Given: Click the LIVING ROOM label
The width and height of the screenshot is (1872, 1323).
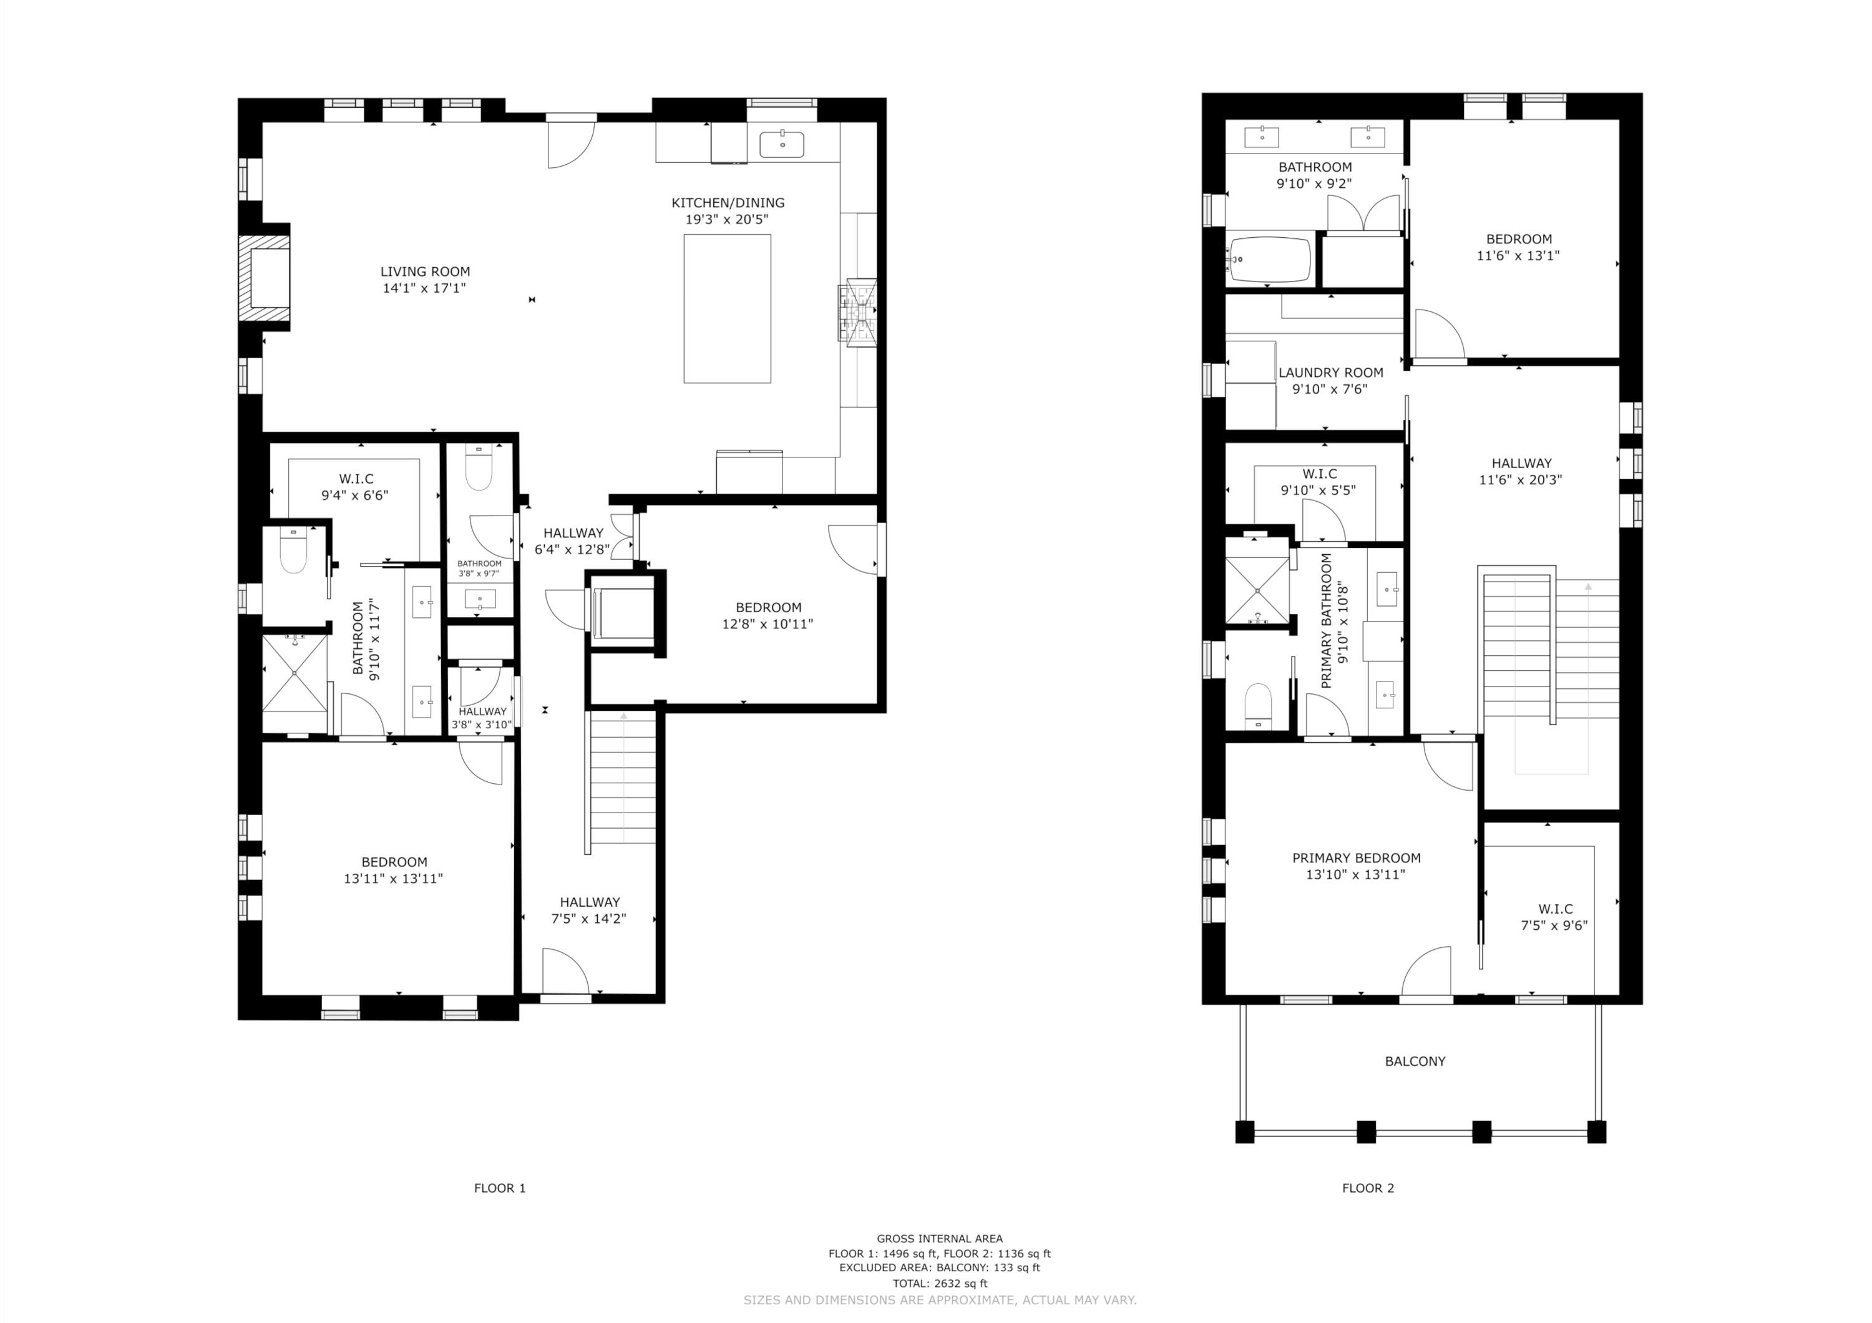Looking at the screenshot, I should pos(425,272).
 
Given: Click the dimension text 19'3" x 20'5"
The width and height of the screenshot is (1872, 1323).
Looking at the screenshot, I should pos(726,219).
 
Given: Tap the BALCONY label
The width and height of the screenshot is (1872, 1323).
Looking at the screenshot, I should pos(1415,1062).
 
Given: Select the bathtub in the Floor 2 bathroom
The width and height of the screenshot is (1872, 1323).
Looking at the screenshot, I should pos(1269,259).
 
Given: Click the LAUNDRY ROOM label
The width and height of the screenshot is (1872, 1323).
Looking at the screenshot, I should pos(1330,373).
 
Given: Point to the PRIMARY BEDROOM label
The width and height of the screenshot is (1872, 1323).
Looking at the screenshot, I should pos(1356,858).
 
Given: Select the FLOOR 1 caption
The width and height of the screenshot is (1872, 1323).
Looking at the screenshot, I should pos(500,1188).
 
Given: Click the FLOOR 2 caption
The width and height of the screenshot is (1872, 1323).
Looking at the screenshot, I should pos(1367,1188).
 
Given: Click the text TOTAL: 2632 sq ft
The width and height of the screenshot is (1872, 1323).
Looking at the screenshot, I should pos(939,1283).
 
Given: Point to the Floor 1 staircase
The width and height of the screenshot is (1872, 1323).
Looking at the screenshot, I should pos(622,778).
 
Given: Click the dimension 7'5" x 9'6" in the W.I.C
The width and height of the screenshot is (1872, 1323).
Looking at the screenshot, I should pos(1554,926).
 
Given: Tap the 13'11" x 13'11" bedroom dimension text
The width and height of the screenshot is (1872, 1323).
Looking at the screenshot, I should pos(393,879).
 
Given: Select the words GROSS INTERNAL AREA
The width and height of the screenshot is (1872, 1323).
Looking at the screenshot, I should pos(939,1238).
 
